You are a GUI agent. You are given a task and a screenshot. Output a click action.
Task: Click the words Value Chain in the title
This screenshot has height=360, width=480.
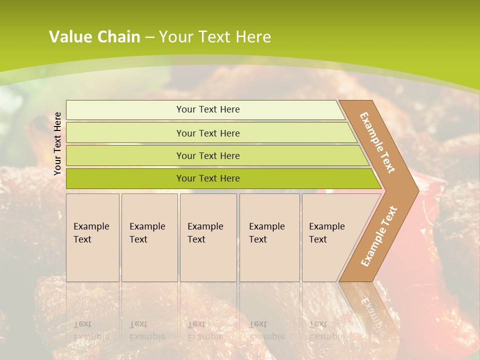coord(94,37)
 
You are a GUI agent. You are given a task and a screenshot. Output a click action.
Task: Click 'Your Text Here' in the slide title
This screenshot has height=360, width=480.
coord(215,37)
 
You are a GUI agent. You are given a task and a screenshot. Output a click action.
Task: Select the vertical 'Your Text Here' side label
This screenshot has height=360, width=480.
coord(57,143)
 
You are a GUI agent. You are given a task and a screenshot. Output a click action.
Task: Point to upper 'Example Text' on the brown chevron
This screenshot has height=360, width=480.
coord(377,143)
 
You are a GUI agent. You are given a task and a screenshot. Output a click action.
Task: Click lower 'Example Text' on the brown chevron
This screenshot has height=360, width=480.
coord(378,236)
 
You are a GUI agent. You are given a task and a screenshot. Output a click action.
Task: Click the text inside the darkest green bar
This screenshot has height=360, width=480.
coord(208,178)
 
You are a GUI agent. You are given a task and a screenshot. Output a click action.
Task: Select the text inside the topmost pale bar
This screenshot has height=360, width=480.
coord(208,109)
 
